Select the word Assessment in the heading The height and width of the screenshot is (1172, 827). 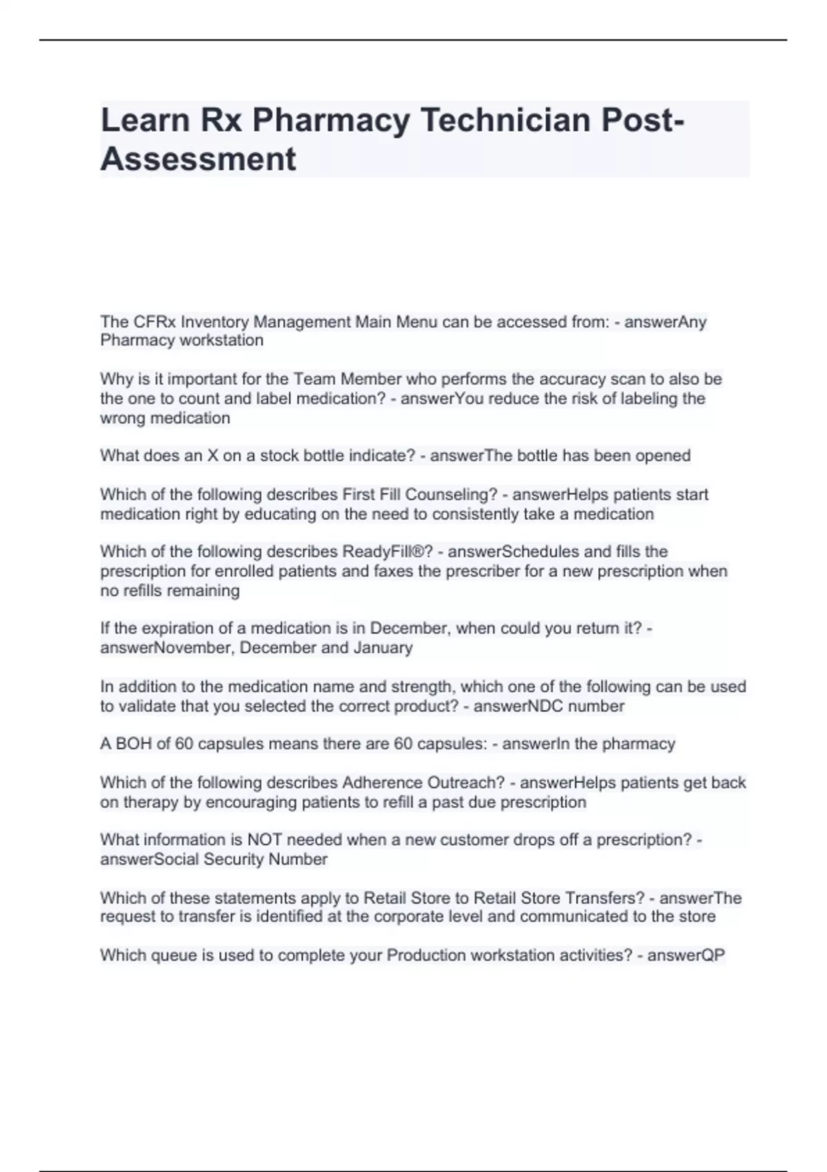click(198, 159)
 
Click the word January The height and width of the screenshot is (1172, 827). click(382, 647)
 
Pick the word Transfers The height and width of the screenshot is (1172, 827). click(604, 898)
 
